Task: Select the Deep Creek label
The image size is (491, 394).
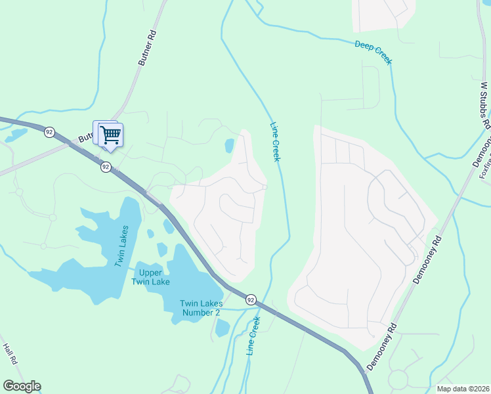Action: [374, 53]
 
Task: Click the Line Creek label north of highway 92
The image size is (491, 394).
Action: [276, 142]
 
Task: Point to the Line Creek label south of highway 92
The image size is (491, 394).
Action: [253, 336]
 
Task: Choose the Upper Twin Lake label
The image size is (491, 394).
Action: [154, 277]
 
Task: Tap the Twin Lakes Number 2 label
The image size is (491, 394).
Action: [200, 307]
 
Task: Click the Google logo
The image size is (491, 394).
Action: [22, 386]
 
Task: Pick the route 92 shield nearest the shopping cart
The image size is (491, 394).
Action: [106, 167]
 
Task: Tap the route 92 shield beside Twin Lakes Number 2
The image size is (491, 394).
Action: [251, 299]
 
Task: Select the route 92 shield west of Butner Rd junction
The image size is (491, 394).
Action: [49, 132]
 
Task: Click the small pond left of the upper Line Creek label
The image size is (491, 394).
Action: [229, 145]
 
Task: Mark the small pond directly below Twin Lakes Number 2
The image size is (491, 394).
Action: [222, 327]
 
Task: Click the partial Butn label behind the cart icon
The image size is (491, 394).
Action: [86, 138]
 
